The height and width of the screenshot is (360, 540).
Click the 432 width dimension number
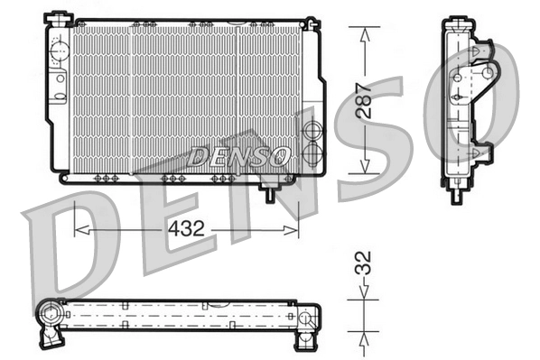(186, 230)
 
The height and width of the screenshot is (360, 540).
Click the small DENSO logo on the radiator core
(238, 155)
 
